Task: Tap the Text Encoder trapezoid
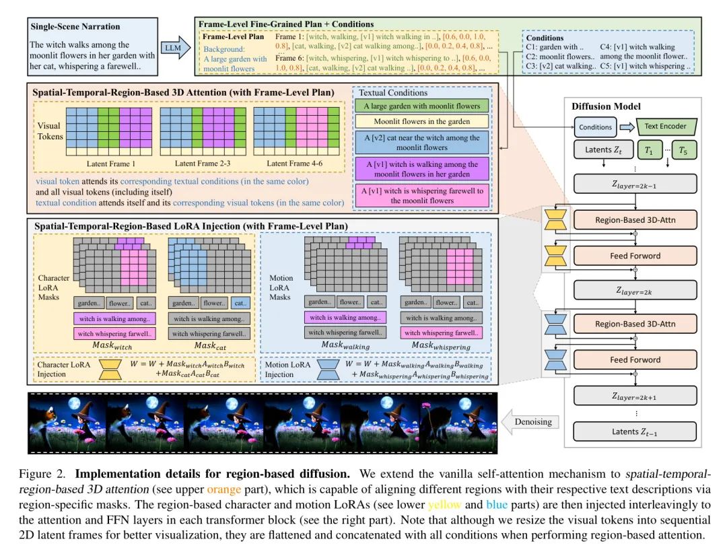(658, 126)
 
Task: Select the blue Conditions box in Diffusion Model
(595, 127)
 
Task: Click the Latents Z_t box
(602, 151)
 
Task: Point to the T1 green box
(648, 151)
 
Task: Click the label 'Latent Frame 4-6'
(293, 164)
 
